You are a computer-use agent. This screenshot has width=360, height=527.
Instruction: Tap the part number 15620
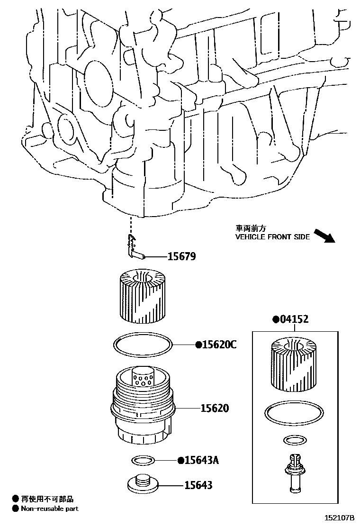click(x=214, y=408)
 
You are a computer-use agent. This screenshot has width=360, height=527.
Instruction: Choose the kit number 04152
click(x=294, y=319)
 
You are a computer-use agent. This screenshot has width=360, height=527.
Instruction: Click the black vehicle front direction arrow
click(x=324, y=236)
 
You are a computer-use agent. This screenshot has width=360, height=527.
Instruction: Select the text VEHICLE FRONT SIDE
click(x=272, y=237)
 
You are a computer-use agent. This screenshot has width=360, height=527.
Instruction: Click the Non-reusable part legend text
click(x=49, y=509)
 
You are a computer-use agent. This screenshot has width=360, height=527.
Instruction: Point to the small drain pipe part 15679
click(x=135, y=249)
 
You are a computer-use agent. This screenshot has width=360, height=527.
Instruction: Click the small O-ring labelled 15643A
click(x=142, y=460)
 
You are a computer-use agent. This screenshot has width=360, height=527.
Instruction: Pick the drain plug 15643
click(x=143, y=483)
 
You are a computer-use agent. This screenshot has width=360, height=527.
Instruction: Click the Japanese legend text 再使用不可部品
click(x=46, y=499)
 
